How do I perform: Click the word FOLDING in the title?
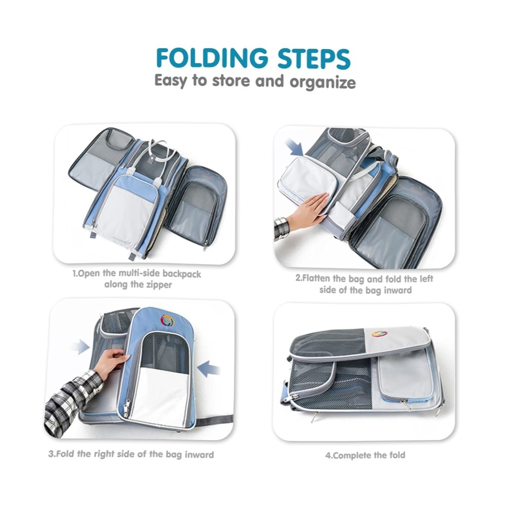(x=212, y=58)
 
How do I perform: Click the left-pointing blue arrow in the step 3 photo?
(x=209, y=369)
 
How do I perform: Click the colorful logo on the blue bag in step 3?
(x=167, y=321)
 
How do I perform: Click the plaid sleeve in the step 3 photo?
(x=69, y=397)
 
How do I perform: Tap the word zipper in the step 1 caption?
(x=158, y=285)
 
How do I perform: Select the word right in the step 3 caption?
(x=104, y=454)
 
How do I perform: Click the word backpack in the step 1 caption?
(x=182, y=274)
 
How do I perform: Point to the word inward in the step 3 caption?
(x=199, y=455)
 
